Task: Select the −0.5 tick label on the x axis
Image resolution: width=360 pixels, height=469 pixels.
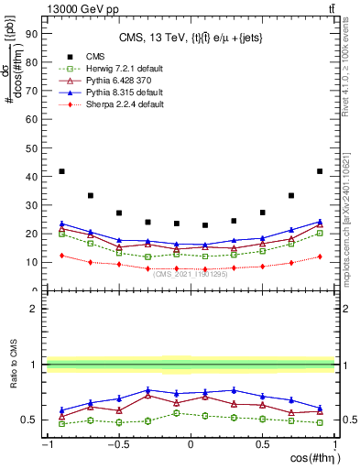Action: [x=118, y=445]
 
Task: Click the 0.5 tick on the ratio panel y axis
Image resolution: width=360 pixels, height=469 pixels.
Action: [x=33, y=420]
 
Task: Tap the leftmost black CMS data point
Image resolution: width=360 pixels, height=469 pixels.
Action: [x=61, y=171]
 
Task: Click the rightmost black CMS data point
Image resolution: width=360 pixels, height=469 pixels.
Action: [x=320, y=171]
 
